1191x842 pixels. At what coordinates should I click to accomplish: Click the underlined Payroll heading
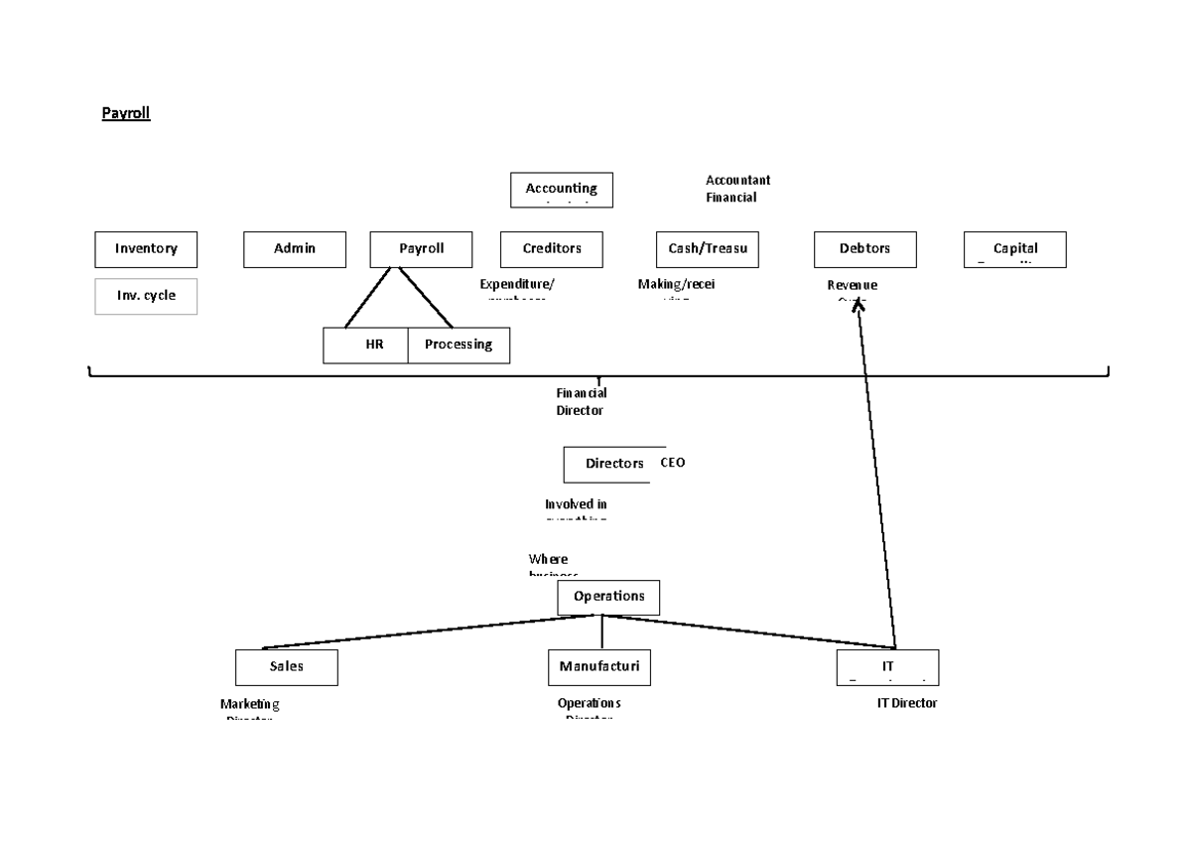point(125,113)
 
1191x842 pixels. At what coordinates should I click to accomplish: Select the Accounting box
point(561,190)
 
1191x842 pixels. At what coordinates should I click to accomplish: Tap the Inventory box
point(146,249)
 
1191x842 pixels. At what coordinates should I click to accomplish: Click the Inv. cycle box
point(146,296)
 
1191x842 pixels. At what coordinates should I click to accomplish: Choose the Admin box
point(295,249)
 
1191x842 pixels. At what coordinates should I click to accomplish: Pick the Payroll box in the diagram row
point(421,249)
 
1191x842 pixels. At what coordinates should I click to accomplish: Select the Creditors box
point(552,249)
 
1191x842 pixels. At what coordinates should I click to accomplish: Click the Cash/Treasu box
point(707,249)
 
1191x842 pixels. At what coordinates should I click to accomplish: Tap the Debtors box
point(864,249)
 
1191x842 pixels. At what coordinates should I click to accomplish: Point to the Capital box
point(1014,249)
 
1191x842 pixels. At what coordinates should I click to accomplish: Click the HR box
point(366,346)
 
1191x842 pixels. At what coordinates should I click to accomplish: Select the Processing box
point(459,346)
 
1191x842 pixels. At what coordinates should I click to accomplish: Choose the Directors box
point(608,464)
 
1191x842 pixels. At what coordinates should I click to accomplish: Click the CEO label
point(672,463)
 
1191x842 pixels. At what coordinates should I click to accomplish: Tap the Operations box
point(608,597)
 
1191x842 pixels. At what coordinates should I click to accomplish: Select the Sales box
point(286,667)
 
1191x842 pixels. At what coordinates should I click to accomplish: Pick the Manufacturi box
point(599,667)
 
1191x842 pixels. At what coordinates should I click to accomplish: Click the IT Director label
point(906,703)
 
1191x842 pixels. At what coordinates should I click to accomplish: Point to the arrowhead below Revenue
point(859,306)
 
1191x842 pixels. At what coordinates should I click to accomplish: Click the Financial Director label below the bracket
point(580,402)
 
